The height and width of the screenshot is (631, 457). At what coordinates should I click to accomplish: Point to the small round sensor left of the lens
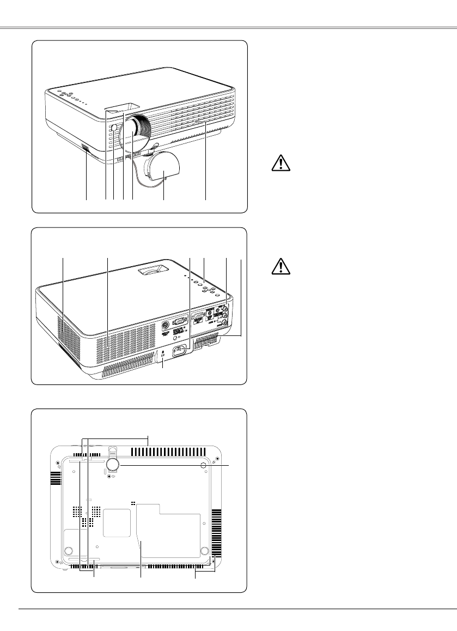113,130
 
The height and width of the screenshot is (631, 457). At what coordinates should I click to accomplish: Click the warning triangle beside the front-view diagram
279,165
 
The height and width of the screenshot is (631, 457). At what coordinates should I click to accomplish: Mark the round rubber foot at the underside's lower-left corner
70,550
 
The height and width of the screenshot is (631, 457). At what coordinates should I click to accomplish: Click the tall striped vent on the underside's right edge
217,532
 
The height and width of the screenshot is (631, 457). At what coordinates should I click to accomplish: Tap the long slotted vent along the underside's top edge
164,452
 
